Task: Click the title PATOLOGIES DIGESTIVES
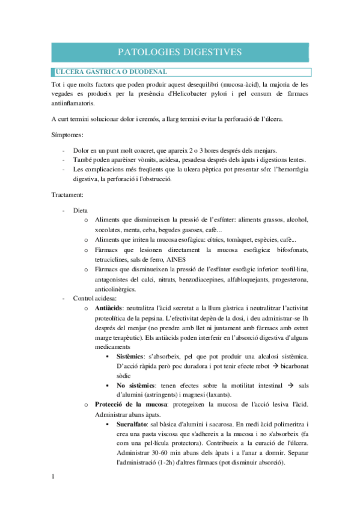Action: point(180,52)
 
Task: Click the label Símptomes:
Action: point(67,135)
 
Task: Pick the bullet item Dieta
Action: point(81,210)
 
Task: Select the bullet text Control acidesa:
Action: point(94,298)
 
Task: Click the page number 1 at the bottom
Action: point(53,477)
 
